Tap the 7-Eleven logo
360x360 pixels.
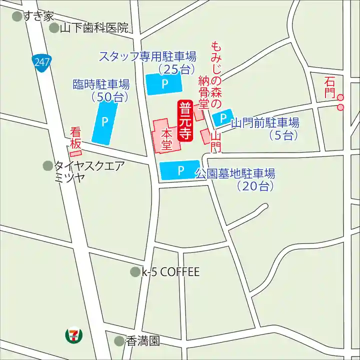[74, 335]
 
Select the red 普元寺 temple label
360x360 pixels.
[185, 121]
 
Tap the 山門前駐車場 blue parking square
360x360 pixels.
[222, 118]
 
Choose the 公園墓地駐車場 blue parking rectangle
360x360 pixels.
[179, 170]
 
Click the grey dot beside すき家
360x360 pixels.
[17, 16]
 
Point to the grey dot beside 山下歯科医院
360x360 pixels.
[54, 28]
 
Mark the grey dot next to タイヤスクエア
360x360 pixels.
[48, 165]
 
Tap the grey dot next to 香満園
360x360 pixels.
[119, 341]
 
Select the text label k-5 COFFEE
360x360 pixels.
[170, 272]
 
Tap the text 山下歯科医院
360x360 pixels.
[94, 28]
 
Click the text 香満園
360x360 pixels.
[142, 341]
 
